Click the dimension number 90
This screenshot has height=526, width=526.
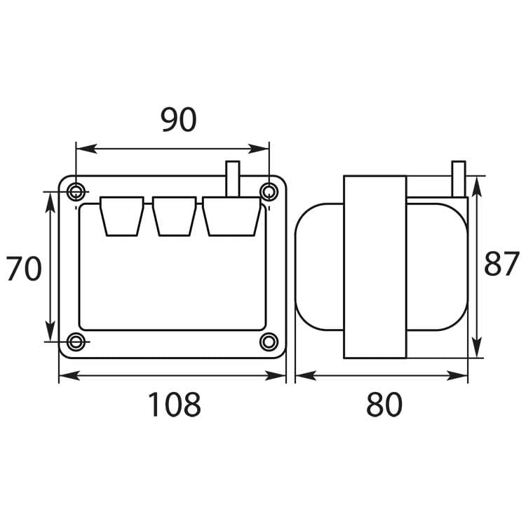[x=179, y=121]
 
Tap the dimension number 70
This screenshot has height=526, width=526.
[x=24, y=269]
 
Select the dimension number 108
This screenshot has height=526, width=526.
[x=173, y=405]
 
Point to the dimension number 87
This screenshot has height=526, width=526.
[x=501, y=264]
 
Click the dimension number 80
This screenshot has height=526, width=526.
[x=384, y=405]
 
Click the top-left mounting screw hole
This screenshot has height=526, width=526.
[x=76, y=191]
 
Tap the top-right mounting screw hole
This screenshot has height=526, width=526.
[x=269, y=191]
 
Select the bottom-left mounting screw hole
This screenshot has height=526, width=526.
[x=76, y=342]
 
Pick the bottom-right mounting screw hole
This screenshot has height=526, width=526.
[x=269, y=342]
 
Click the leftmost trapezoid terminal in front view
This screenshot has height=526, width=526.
[x=122, y=216]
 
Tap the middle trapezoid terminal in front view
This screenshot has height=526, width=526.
[x=174, y=216]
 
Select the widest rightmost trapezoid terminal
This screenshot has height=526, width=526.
[x=233, y=216]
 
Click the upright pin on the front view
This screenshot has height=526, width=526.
[x=232, y=178]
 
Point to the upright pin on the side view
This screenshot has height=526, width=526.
[x=459, y=179]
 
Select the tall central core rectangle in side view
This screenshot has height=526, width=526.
[x=375, y=267]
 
